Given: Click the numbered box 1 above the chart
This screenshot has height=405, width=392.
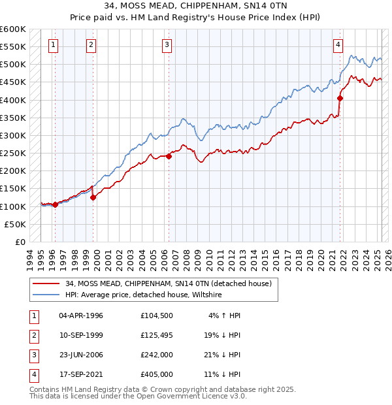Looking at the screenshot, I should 52,45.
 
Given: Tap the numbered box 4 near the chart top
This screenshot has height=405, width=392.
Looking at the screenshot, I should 338,45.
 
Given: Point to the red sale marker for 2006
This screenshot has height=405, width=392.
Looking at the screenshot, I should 169,156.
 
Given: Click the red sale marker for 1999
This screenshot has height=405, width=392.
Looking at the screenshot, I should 93,197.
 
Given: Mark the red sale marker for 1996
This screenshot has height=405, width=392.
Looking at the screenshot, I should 55,204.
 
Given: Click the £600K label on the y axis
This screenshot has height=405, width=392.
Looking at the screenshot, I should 13,29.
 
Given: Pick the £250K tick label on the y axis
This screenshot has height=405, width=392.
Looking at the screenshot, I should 13,154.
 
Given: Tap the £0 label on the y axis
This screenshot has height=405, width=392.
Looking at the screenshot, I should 20,242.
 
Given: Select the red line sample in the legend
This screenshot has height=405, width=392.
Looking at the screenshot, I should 45,283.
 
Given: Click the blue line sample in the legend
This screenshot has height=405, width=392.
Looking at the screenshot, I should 45,295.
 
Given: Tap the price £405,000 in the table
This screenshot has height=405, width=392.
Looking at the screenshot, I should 156,374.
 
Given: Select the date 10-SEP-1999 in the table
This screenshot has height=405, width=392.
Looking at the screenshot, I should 81,335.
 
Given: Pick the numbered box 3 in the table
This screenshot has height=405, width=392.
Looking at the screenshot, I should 33,355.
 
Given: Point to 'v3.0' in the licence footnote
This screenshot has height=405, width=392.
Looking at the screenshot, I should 238,396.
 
